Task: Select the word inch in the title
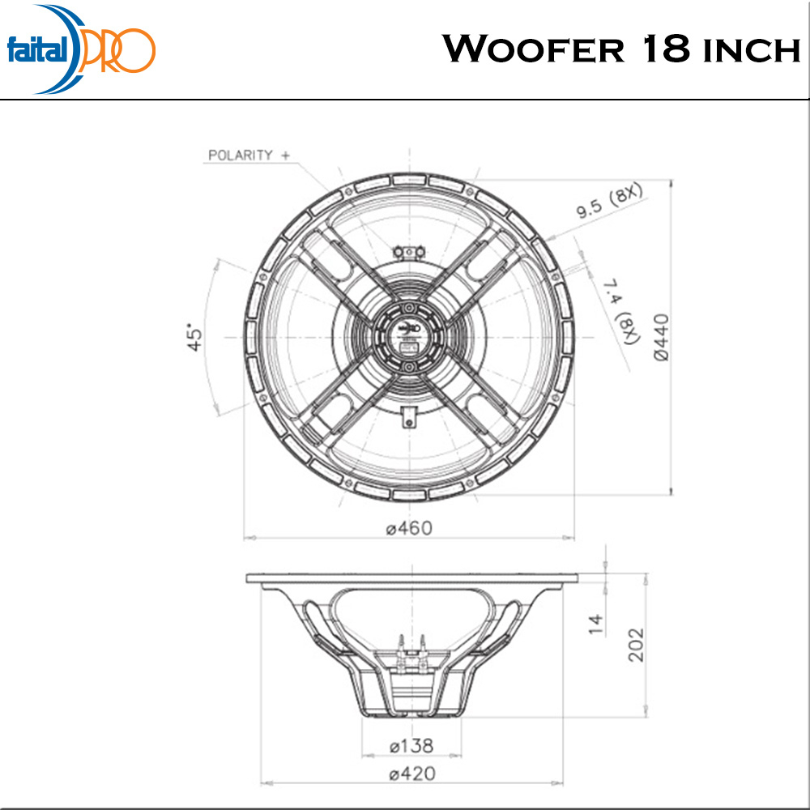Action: pos(751,51)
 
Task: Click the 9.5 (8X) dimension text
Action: pos(609,202)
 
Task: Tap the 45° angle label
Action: pos(194,338)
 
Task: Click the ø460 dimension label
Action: pos(409,528)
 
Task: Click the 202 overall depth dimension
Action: pos(637,645)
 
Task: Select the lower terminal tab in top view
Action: pos(409,417)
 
